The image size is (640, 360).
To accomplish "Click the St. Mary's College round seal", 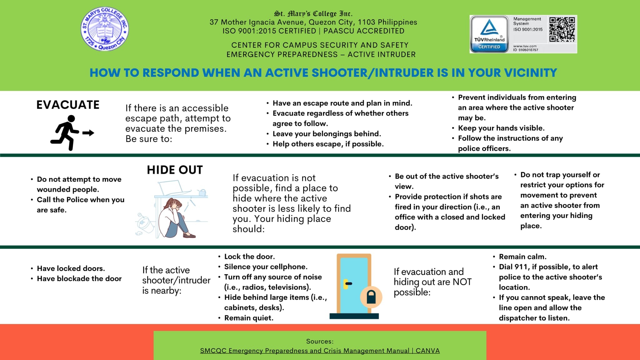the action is (x=105, y=29).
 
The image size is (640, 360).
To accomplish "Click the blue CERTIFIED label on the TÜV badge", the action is (x=489, y=47).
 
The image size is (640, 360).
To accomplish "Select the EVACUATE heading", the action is (x=68, y=105).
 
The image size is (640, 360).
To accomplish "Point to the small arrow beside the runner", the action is (x=88, y=133).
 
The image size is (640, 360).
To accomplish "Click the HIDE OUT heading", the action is (x=175, y=170).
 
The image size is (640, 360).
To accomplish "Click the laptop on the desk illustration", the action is (x=174, y=188).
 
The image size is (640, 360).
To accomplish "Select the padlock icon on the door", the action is (x=371, y=297).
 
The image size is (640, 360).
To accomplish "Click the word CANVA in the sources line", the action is (x=427, y=351).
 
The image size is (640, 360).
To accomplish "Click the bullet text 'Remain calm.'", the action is (x=522, y=257).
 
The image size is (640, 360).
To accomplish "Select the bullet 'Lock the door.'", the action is (x=249, y=257).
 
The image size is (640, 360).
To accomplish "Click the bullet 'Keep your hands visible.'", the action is (x=501, y=128).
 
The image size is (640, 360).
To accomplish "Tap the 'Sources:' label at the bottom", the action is (x=320, y=341).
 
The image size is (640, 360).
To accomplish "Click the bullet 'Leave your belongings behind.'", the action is (x=327, y=134).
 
